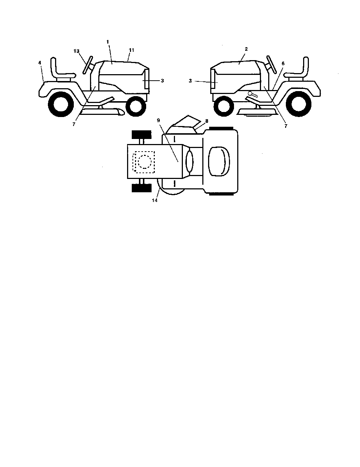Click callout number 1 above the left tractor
[108, 42]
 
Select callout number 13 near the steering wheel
[76, 51]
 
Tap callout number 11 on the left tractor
[131, 50]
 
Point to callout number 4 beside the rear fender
[40, 63]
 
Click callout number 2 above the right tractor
[246, 49]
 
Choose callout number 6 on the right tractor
[283, 63]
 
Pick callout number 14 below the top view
[155, 200]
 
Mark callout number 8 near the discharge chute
[207, 121]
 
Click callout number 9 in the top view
[158, 120]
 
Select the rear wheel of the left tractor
[61, 104]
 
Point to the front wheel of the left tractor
[136, 106]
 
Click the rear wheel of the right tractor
[299, 104]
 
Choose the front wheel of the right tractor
[224, 106]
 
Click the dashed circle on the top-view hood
[145, 162]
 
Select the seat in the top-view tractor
[219, 161]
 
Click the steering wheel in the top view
[189, 161]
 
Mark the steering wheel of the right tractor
[272, 65]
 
